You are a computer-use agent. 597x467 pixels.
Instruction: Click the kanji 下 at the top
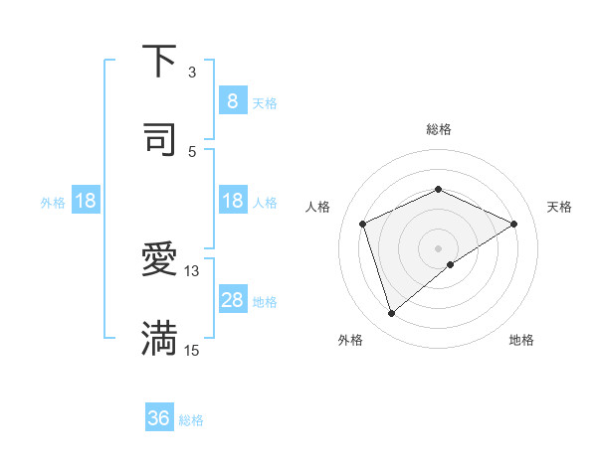(x=159, y=63)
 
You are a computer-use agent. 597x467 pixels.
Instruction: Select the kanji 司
(x=159, y=140)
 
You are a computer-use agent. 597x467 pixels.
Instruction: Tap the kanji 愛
(x=159, y=260)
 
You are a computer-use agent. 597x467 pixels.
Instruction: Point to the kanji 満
(x=159, y=339)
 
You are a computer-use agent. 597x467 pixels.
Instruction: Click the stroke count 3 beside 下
(x=192, y=73)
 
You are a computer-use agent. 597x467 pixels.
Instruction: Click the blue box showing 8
(x=232, y=100)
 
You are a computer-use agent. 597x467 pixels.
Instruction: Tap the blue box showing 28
(x=232, y=300)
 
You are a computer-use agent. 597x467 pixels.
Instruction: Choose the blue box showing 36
(x=159, y=418)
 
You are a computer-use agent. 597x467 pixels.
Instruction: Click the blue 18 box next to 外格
(x=86, y=201)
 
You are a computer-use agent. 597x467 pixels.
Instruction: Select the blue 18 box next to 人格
(x=232, y=201)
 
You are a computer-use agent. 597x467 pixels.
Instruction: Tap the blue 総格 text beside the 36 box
(x=191, y=420)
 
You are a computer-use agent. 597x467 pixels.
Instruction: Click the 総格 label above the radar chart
(x=438, y=129)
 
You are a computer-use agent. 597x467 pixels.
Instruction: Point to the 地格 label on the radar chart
(x=521, y=340)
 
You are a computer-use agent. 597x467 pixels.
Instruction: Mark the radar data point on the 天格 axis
(x=514, y=224)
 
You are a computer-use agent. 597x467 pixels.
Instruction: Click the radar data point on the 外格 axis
(x=391, y=314)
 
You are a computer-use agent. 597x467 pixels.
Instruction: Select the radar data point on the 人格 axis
(x=363, y=224)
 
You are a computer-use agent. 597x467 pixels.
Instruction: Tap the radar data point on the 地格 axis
(x=451, y=264)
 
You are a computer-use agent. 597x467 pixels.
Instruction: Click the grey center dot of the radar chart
(x=438, y=247)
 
